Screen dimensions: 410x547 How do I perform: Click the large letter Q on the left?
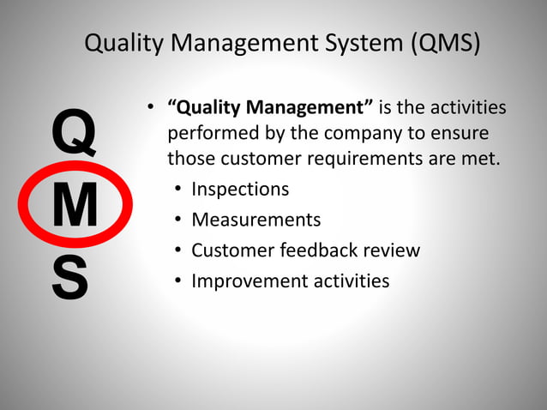point(74,136)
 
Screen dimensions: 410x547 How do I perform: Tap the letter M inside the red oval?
point(75,207)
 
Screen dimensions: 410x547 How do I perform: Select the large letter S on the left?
point(69,276)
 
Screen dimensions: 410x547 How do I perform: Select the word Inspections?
point(240,189)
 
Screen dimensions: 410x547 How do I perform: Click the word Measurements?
point(255,220)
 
